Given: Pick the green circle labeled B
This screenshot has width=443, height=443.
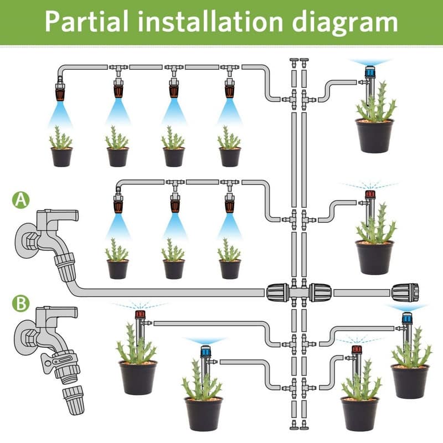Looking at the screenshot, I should click(x=21, y=303).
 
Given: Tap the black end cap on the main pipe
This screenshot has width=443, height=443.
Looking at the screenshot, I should click(x=405, y=292).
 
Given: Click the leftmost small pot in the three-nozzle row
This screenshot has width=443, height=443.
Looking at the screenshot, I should click(x=117, y=269).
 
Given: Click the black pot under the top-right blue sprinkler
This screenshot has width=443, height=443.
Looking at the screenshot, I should click(x=375, y=136).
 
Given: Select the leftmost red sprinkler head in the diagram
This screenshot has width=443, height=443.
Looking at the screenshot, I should click(x=140, y=315).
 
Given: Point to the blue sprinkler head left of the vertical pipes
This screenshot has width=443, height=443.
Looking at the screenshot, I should click(x=205, y=351).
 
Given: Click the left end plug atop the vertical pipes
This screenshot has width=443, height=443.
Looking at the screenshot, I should click(x=293, y=60).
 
